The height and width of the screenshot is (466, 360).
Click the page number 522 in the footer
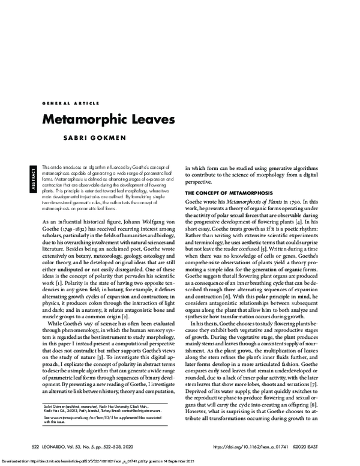coord(37,447)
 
